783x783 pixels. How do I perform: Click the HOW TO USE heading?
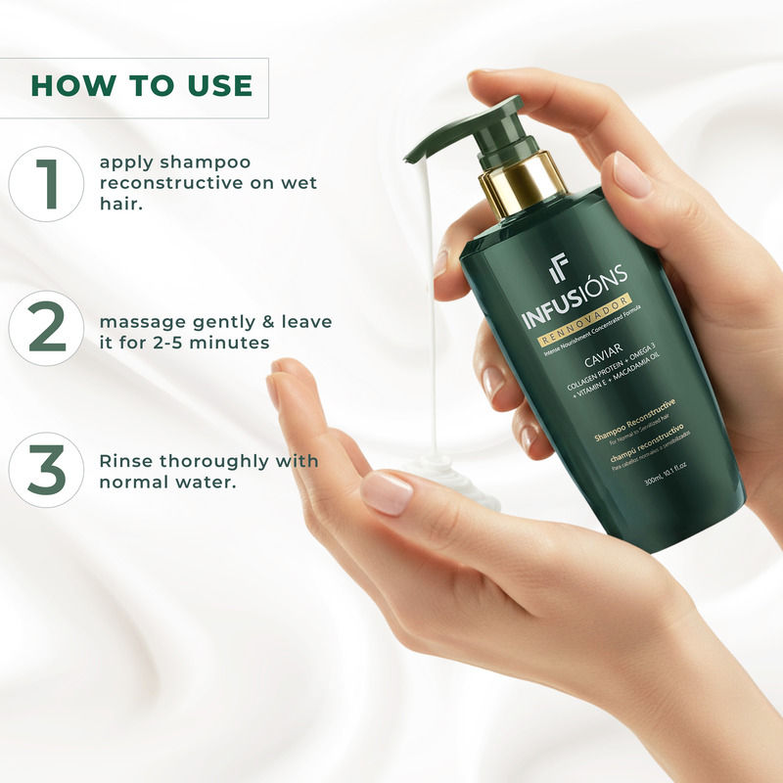[142, 85]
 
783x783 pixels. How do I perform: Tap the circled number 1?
[46, 183]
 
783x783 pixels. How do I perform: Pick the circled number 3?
[46, 470]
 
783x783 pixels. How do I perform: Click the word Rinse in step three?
[127, 461]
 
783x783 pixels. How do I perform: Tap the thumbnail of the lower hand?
[388, 492]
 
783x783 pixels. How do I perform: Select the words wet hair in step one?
[284, 183]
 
